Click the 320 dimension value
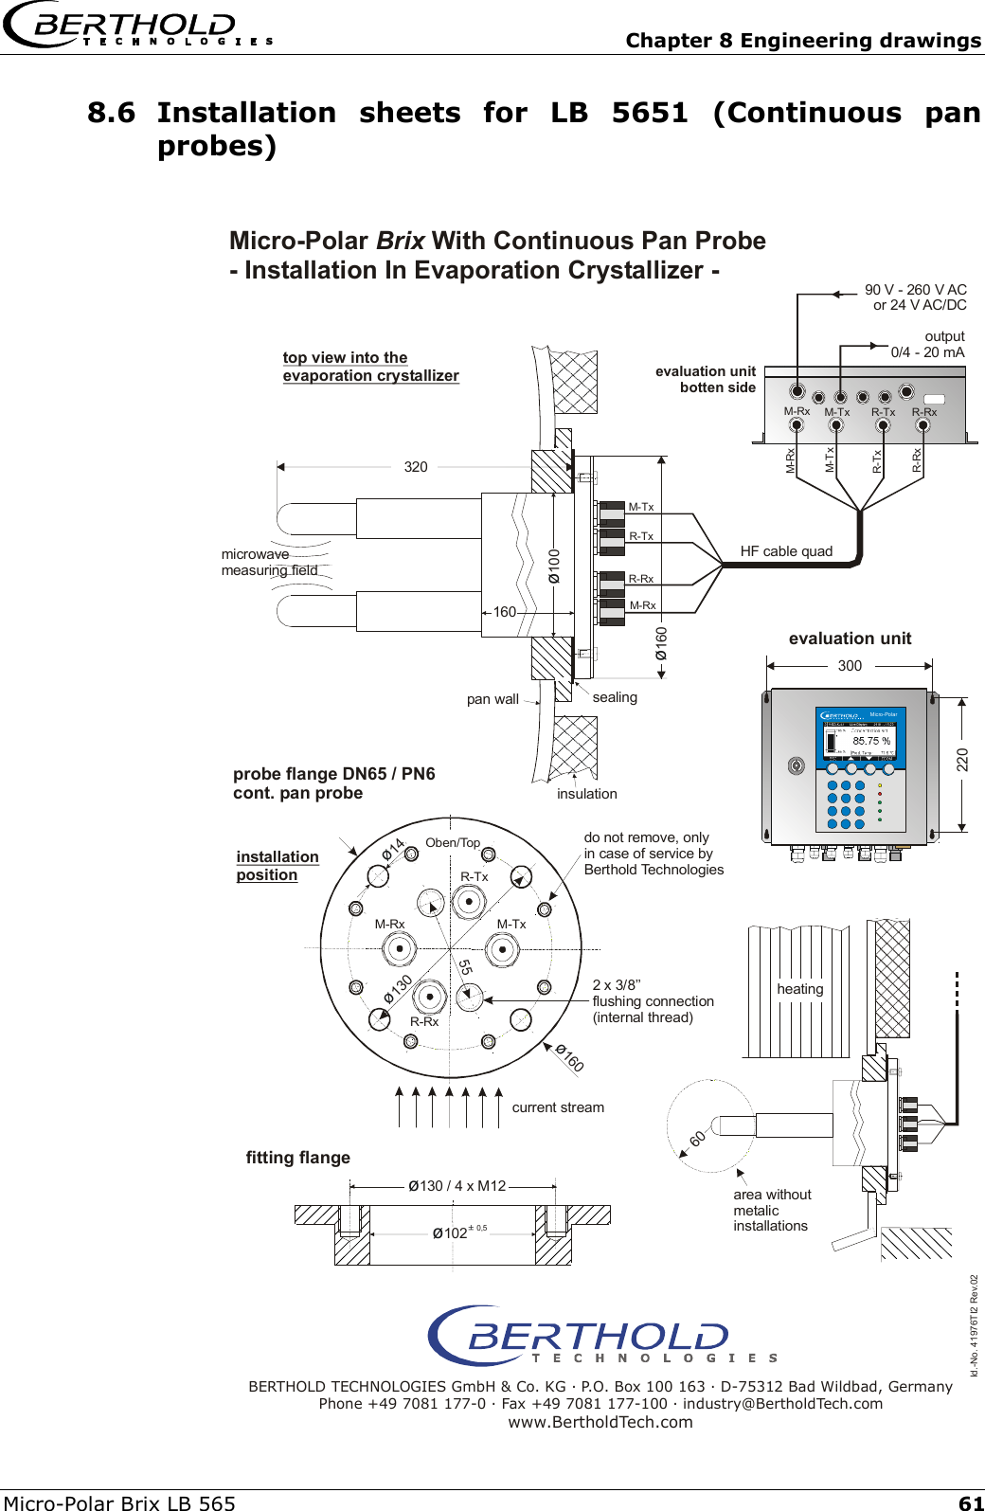pos(416,467)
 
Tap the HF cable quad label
pos(786,551)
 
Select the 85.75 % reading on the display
pos(870,741)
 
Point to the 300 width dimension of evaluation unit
pos(850,666)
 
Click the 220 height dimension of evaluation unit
pos(962,759)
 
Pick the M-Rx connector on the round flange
pos(399,947)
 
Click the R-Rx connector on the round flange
pos(430,996)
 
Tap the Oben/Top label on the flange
pos(453,843)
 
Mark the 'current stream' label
pos(558,1107)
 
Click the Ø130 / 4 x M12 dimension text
pos(457,1186)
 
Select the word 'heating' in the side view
pos(800,989)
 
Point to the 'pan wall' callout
pos(492,699)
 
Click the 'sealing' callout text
pos(615,697)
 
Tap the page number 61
pos(971,1502)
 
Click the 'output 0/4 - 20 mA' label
pos(928,344)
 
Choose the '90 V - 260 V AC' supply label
pos(915,290)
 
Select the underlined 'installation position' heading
pos(278,866)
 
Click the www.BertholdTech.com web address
pos(600,1422)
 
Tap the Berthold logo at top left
pos(137,27)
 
